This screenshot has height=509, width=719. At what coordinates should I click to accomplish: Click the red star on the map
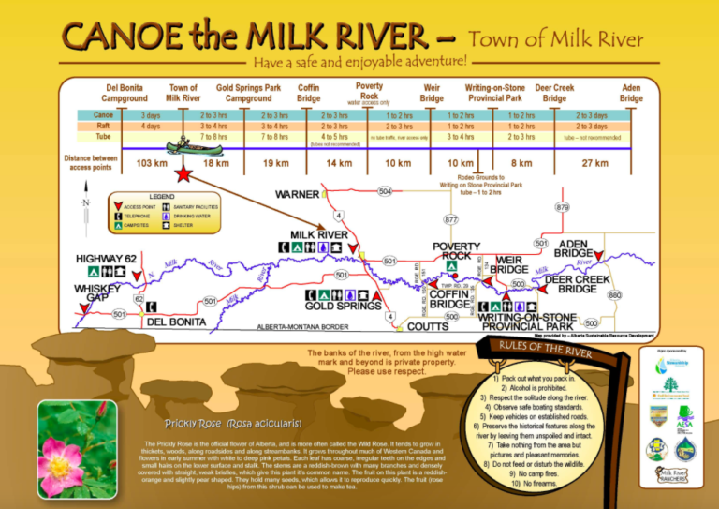point(184,174)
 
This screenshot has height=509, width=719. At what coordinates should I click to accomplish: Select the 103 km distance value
point(151,164)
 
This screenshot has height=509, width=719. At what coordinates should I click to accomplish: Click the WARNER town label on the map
point(298,194)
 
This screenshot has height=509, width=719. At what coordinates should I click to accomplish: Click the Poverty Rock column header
point(369,91)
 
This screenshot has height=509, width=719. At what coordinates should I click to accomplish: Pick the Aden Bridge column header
point(631,93)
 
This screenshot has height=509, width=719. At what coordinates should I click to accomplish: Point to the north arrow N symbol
point(86,204)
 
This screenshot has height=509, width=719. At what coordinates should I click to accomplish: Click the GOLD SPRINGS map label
point(343,307)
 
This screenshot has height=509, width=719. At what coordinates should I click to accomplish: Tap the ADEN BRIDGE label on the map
point(573,248)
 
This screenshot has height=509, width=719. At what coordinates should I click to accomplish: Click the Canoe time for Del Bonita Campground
point(151,115)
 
